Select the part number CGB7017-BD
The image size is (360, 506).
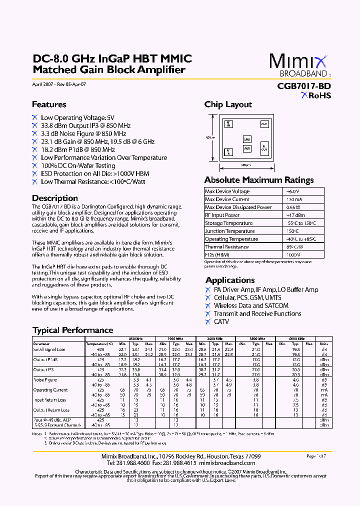click(303, 86)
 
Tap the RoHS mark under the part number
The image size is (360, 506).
click(316, 96)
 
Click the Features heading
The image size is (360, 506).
click(49, 104)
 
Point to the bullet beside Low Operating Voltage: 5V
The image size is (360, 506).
click(34, 117)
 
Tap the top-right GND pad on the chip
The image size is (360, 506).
click(264, 123)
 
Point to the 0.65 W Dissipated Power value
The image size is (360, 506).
click(293, 207)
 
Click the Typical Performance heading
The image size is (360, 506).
click(72, 330)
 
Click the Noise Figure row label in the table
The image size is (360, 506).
click(45, 380)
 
